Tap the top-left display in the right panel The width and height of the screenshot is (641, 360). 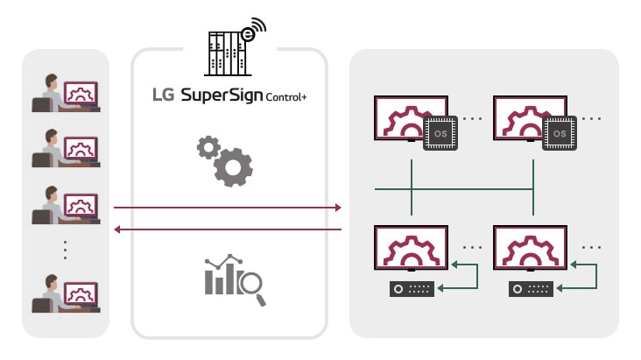click(411, 118)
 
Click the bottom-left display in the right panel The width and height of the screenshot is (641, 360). click(411, 250)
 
